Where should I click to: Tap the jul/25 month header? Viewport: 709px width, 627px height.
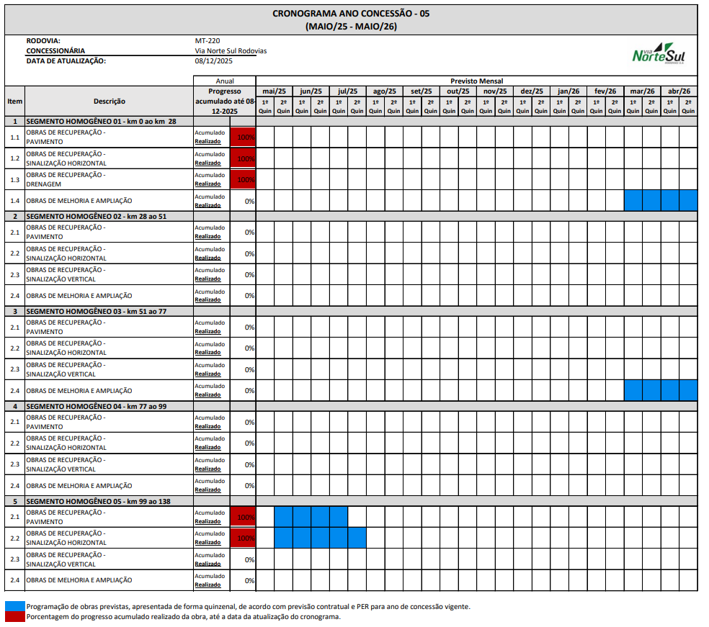pyautogui.click(x=348, y=91)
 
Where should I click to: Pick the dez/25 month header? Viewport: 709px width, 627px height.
pyautogui.click(x=532, y=91)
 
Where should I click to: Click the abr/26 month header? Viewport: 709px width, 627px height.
pyautogui.click(x=679, y=91)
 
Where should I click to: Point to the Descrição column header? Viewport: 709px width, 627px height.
pyautogui.click(x=109, y=102)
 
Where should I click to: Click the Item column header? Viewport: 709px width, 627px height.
pyautogui.click(x=14, y=102)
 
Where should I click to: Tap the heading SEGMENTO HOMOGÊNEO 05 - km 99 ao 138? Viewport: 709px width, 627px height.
pyautogui.click(x=98, y=501)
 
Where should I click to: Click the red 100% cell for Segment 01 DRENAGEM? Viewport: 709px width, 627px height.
pyautogui.click(x=243, y=179)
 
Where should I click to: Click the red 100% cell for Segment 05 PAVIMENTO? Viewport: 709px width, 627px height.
pyautogui.click(x=243, y=517)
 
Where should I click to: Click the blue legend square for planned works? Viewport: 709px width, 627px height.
pyautogui.click(x=14, y=606)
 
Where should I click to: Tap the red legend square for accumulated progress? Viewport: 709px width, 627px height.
pyautogui.click(x=14, y=616)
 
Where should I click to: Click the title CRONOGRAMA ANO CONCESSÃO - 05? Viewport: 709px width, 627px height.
pyautogui.click(x=351, y=14)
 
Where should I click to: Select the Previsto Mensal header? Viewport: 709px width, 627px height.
pyautogui.click(x=476, y=81)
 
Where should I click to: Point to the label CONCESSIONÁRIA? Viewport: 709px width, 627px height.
pyautogui.click(x=55, y=51)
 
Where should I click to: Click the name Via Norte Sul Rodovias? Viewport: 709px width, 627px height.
pyautogui.click(x=231, y=51)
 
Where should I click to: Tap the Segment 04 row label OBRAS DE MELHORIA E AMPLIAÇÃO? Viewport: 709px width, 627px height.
pyautogui.click(x=79, y=485)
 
